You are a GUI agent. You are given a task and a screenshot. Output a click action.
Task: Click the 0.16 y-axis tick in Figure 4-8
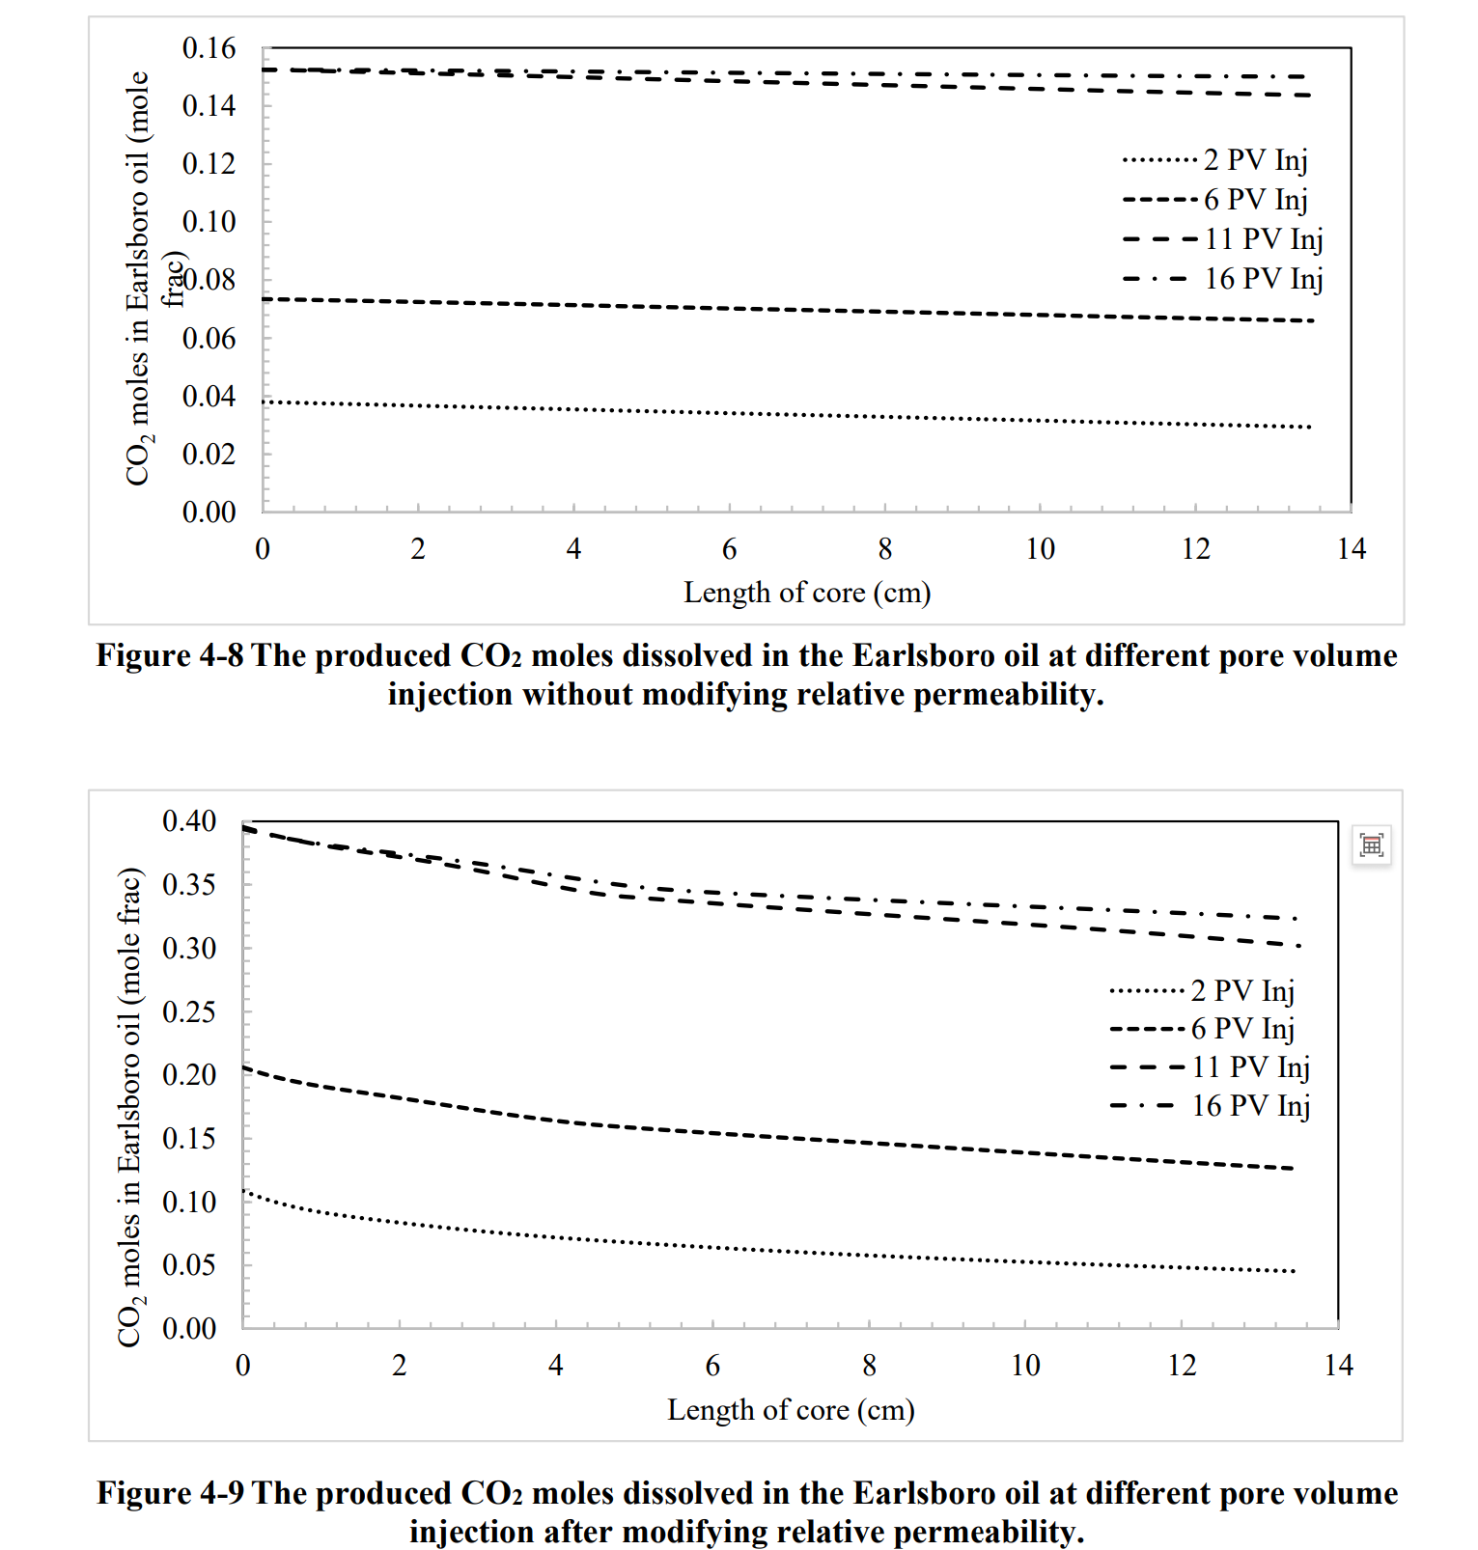point(209,48)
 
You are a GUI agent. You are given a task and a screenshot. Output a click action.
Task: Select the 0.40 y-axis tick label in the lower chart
point(189,821)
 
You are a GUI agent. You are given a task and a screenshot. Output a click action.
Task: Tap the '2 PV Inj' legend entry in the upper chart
point(1255,159)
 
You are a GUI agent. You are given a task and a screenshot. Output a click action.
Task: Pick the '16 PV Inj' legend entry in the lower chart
point(1250,1105)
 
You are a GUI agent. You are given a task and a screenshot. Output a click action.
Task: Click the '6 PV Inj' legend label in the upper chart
point(1255,199)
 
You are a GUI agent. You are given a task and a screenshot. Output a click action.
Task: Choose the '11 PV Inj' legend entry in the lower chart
point(1250,1066)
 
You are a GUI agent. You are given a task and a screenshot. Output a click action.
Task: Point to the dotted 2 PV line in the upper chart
point(772,415)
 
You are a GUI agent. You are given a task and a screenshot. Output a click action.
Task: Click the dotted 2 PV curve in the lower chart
point(772,1252)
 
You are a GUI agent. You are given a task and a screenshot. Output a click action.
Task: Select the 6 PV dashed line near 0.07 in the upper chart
point(772,309)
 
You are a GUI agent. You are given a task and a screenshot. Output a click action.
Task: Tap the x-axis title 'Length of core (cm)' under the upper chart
point(807,593)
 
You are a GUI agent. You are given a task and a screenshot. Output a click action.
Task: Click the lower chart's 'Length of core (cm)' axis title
point(791,1410)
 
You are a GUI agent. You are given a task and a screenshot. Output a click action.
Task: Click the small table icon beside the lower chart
point(1371,845)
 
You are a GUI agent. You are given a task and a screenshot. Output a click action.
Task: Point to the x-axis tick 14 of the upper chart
point(1351,549)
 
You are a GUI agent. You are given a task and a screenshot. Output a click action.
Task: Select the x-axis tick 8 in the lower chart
point(869,1366)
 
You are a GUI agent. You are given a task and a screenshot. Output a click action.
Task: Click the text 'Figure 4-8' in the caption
point(169,656)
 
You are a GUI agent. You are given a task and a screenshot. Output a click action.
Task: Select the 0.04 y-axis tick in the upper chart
point(209,396)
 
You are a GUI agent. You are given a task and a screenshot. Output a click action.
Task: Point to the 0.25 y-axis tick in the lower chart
point(189,1011)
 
